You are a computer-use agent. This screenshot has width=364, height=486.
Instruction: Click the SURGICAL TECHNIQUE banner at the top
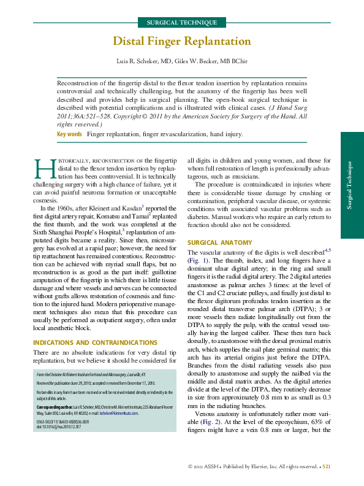tap(181, 23)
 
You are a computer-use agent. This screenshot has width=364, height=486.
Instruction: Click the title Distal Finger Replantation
tap(181, 42)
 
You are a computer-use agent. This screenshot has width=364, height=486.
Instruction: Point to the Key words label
tap(69, 134)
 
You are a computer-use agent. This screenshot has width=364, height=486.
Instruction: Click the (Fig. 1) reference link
tap(197, 260)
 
